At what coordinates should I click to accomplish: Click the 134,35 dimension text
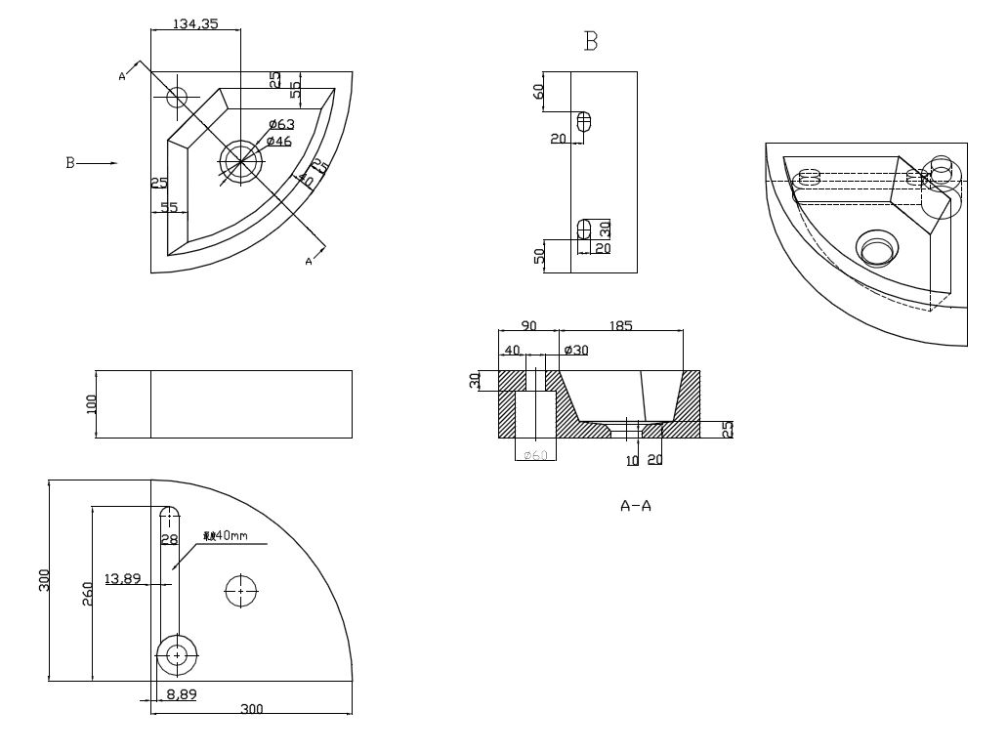point(195,23)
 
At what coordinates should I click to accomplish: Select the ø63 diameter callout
point(281,124)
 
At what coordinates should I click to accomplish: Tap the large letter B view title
point(590,41)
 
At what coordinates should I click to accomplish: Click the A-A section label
point(636,506)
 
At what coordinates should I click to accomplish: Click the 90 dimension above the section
point(528,326)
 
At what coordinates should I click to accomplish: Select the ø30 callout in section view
point(576,350)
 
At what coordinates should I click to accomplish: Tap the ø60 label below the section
point(535,455)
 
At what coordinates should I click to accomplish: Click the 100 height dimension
point(93,403)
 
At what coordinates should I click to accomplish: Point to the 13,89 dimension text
point(122,579)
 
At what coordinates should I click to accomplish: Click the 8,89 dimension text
point(181,694)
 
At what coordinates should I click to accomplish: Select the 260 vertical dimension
point(86,593)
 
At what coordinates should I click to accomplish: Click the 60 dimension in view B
point(538,91)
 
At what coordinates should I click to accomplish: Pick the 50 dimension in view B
point(538,256)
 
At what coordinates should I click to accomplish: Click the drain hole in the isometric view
point(877,249)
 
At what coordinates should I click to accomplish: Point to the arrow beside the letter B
point(98,163)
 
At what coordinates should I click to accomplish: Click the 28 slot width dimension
point(169,539)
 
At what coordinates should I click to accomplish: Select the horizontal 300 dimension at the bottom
point(252,709)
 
